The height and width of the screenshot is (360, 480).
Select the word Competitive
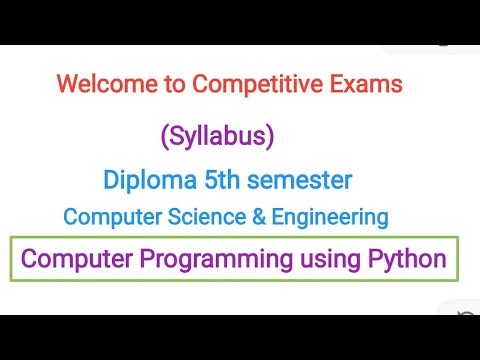pos(243,85)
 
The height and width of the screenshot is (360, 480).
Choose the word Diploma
pos(148,181)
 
